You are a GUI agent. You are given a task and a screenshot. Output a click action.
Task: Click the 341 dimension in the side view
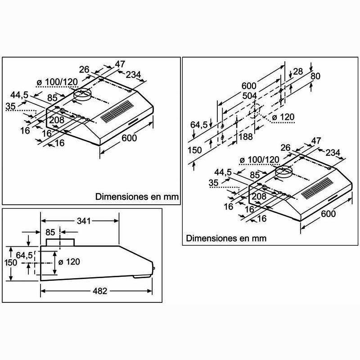tap(84, 220)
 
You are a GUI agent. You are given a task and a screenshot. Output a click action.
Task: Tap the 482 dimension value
tap(99, 291)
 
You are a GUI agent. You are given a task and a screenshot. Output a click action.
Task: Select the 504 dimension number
tap(250, 95)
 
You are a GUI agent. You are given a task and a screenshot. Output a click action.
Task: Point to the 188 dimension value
tap(246, 137)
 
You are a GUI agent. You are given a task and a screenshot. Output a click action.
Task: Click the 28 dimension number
tap(297, 71)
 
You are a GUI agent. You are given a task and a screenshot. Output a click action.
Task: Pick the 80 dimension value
tap(315, 76)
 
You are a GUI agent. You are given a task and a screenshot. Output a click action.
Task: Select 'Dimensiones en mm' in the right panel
tap(226, 238)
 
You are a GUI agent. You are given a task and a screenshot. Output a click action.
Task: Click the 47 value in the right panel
tap(316, 141)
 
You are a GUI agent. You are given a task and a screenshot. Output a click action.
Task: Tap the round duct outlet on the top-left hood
tap(82, 95)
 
